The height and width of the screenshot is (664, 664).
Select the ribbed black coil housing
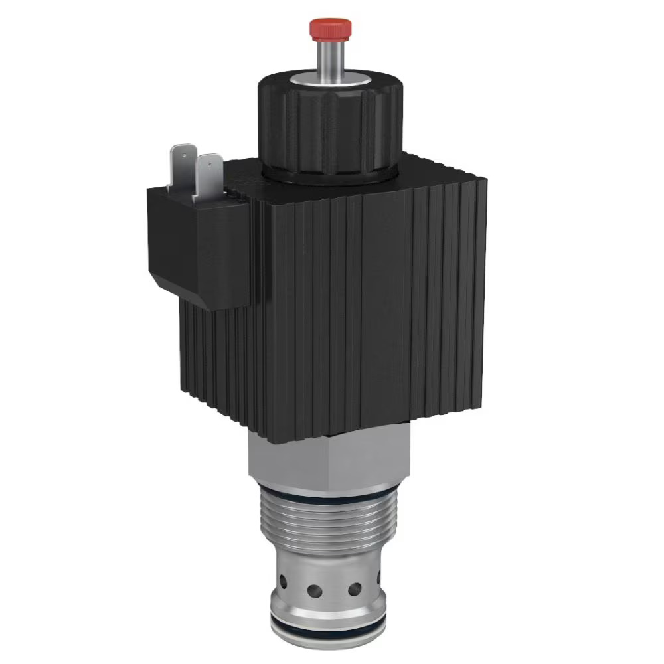(x=372, y=299)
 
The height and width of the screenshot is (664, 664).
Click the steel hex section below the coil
(x=325, y=458)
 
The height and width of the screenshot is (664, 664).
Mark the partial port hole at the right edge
(x=379, y=577)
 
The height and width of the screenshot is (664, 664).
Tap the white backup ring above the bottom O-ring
(x=329, y=627)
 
